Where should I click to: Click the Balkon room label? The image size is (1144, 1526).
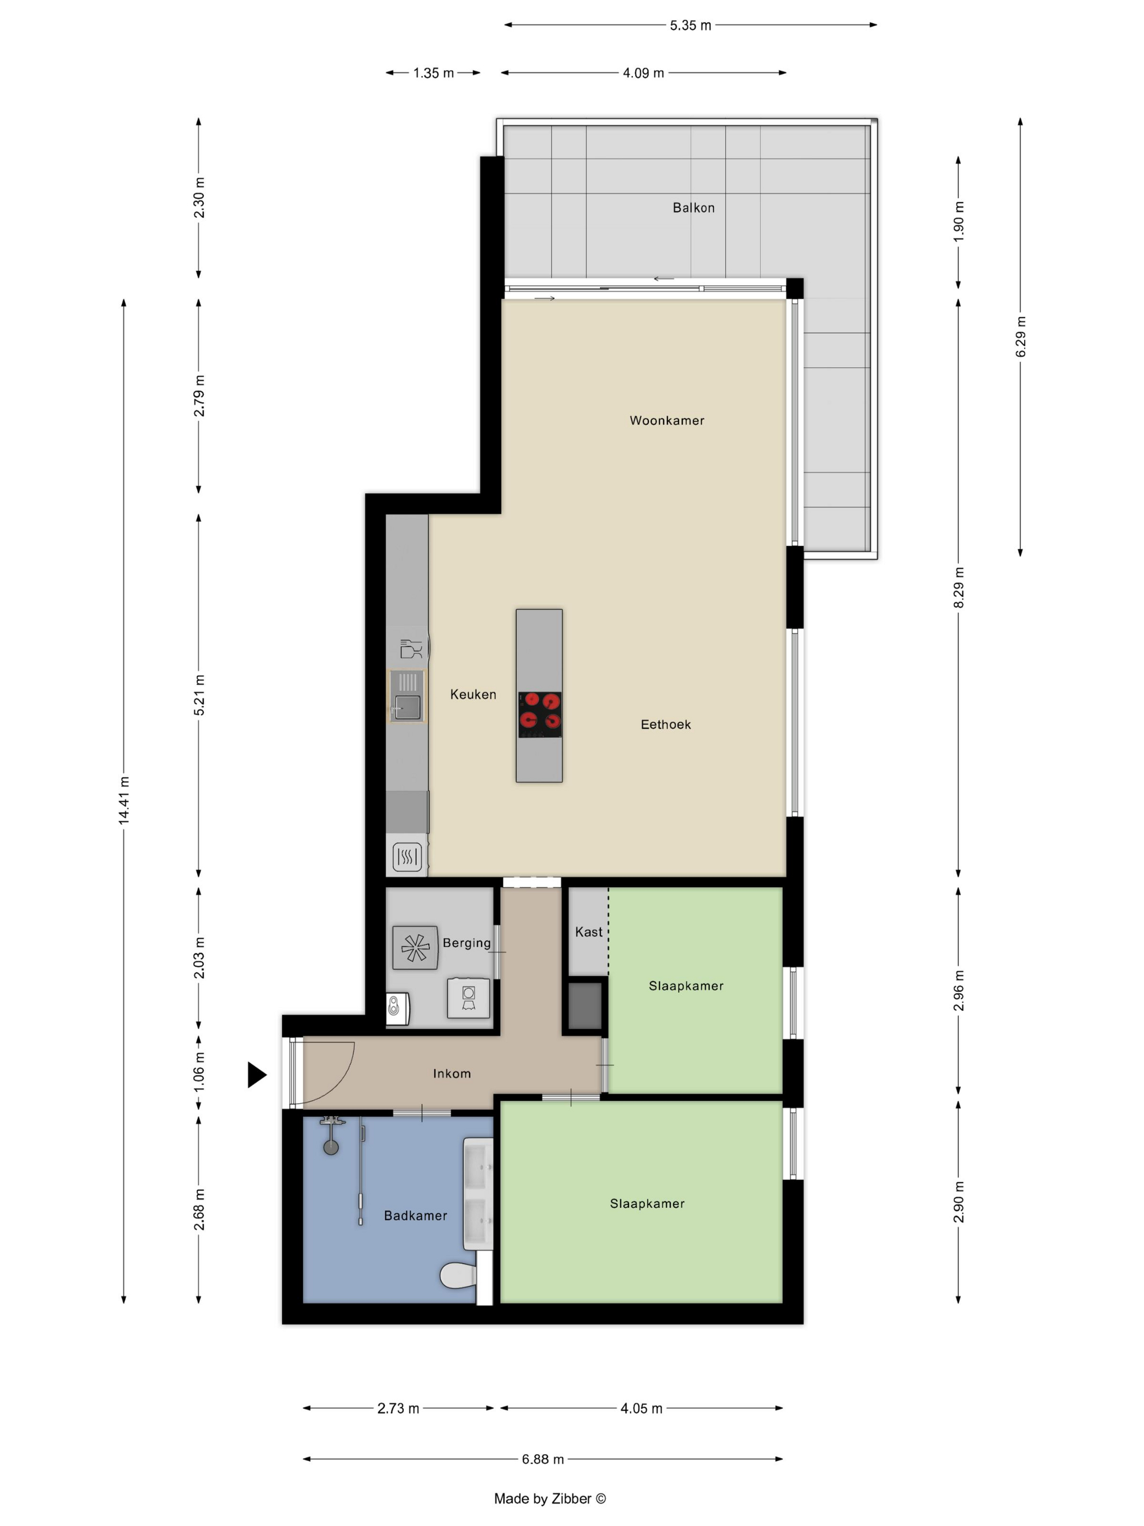pyautogui.click(x=693, y=208)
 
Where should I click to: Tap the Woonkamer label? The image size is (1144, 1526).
pyautogui.click(x=667, y=420)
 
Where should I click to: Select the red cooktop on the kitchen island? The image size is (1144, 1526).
pyautogui.click(x=539, y=714)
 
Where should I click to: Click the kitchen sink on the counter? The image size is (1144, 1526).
pyautogui.click(x=407, y=696)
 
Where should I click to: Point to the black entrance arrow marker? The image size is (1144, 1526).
pyautogui.click(x=257, y=1074)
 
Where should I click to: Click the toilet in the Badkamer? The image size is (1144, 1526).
pyautogui.click(x=459, y=1276)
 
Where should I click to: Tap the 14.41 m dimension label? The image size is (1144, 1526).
pyautogui.click(x=124, y=800)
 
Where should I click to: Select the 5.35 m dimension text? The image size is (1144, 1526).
pyautogui.click(x=690, y=26)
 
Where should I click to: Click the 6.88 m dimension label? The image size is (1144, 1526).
pyautogui.click(x=543, y=1459)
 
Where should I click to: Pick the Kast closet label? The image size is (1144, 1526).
pyautogui.click(x=589, y=932)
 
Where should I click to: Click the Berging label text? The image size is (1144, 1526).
pyautogui.click(x=467, y=943)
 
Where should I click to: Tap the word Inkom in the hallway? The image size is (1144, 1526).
pyautogui.click(x=452, y=1074)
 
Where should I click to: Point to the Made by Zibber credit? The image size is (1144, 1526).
pyautogui.click(x=550, y=1498)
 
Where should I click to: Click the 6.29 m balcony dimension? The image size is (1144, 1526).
pyautogui.click(x=1020, y=337)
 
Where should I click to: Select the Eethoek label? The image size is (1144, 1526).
pyautogui.click(x=666, y=724)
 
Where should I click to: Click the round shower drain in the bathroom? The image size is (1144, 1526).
pyautogui.click(x=331, y=1148)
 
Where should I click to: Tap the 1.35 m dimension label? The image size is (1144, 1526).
pyautogui.click(x=433, y=73)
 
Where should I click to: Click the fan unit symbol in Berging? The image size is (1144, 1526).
pyautogui.click(x=415, y=948)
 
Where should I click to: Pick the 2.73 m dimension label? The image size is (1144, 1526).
pyautogui.click(x=398, y=1408)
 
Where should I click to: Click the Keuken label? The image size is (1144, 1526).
pyautogui.click(x=473, y=695)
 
